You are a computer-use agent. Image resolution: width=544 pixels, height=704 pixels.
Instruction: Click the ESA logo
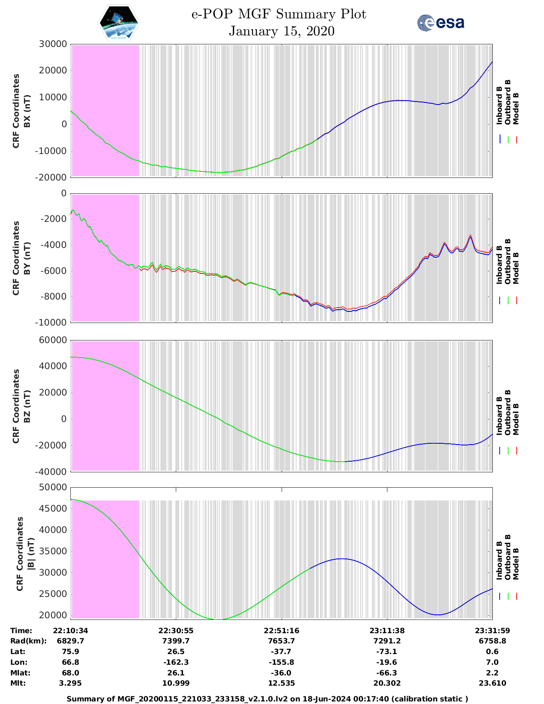pyautogui.click(x=441, y=23)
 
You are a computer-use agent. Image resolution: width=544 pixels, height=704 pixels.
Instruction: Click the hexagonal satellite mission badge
pyautogui.click(x=119, y=23)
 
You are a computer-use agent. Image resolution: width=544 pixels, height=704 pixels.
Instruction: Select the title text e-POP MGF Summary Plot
pyautogui.click(x=279, y=15)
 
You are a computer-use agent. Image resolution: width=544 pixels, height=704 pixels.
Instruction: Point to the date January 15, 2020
pyautogui.click(x=282, y=31)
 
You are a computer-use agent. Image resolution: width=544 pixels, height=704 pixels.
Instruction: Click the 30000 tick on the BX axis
pyautogui.click(x=53, y=44)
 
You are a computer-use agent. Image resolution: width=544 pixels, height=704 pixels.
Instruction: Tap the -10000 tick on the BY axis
pyautogui.click(x=53, y=323)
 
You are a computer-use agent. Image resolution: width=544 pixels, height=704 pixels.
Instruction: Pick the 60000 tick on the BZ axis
pyautogui.click(x=53, y=340)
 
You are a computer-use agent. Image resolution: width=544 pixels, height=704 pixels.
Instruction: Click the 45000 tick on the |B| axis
pyautogui.click(x=53, y=509)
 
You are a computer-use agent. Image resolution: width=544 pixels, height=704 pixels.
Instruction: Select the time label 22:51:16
pyautogui.click(x=281, y=631)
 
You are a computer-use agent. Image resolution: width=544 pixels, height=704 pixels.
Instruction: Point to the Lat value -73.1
pyautogui.click(x=387, y=652)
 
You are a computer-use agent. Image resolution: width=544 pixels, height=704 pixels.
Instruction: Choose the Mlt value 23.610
pyautogui.click(x=492, y=683)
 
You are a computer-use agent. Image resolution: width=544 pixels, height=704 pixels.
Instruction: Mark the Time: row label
pyautogui.click(x=21, y=631)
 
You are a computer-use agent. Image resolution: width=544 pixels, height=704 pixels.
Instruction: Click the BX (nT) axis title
pyautogui.click(x=27, y=111)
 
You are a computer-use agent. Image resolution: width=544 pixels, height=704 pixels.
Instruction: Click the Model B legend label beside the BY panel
pyautogui.click(x=516, y=268)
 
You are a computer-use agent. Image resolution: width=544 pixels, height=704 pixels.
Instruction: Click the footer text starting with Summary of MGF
pyautogui.click(x=268, y=699)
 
